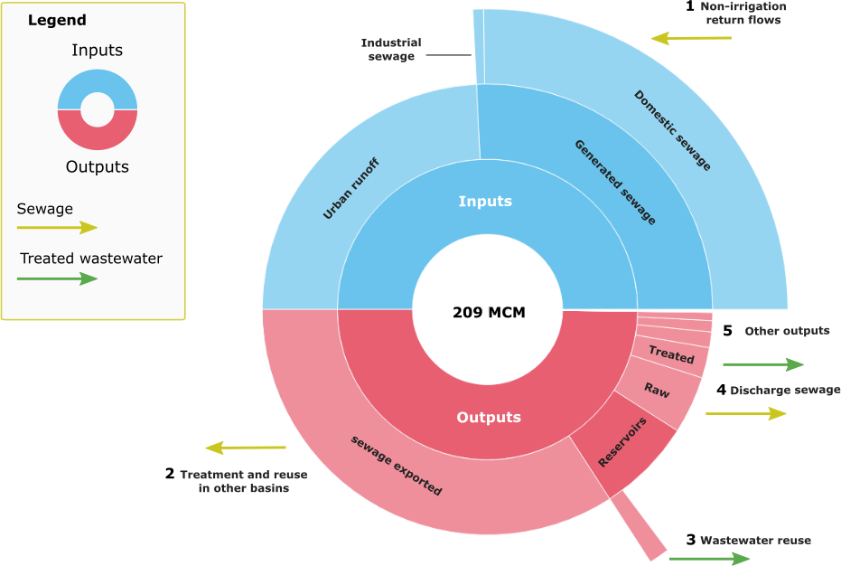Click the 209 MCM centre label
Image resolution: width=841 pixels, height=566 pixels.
(x=488, y=313)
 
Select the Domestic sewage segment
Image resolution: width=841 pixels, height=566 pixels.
(x=672, y=130)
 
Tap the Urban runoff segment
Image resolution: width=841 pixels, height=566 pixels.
(x=351, y=189)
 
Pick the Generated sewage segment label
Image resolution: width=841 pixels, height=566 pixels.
(x=615, y=182)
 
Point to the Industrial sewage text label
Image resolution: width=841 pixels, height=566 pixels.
(x=391, y=50)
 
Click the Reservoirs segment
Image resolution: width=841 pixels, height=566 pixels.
(x=623, y=443)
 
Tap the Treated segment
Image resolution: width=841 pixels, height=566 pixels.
(x=670, y=355)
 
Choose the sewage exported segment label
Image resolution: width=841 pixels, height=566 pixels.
(x=397, y=465)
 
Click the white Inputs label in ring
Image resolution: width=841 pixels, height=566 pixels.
(x=485, y=201)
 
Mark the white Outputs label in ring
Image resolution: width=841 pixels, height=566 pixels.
(x=489, y=417)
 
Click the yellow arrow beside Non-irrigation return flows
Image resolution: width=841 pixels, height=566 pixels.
(x=691, y=38)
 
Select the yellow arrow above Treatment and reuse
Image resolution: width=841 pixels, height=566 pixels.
(x=246, y=448)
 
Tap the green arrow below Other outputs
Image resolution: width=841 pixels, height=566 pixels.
(x=763, y=364)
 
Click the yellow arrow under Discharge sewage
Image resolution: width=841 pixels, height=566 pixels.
(x=745, y=413)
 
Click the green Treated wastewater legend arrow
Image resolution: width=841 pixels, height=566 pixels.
(x=57, y=278)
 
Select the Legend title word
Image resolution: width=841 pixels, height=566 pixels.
(x=57, y=20)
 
